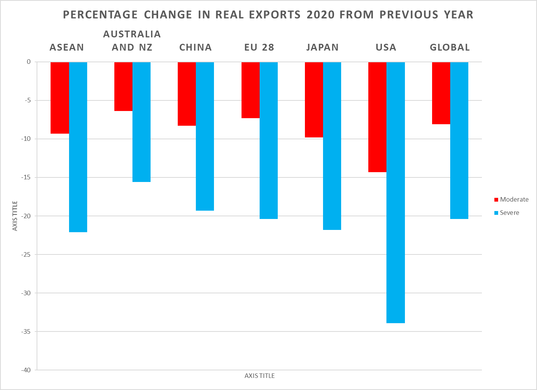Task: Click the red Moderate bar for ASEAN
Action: (60, 98)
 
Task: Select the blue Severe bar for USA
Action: (395, 193)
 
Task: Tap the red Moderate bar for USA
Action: (377, 117)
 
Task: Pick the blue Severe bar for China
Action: (205, 136)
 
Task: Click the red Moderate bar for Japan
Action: (314, 100)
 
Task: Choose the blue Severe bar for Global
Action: (459, 140)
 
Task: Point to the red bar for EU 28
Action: (251, 90)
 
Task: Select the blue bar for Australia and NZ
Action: (142, 122)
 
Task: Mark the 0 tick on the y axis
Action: (29, 62)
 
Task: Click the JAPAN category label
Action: (322, 48)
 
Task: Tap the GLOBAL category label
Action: (450, 48)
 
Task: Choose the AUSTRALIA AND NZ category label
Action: (132, 41)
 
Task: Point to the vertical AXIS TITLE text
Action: (15, 216)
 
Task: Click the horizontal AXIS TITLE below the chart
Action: (260, 376)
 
